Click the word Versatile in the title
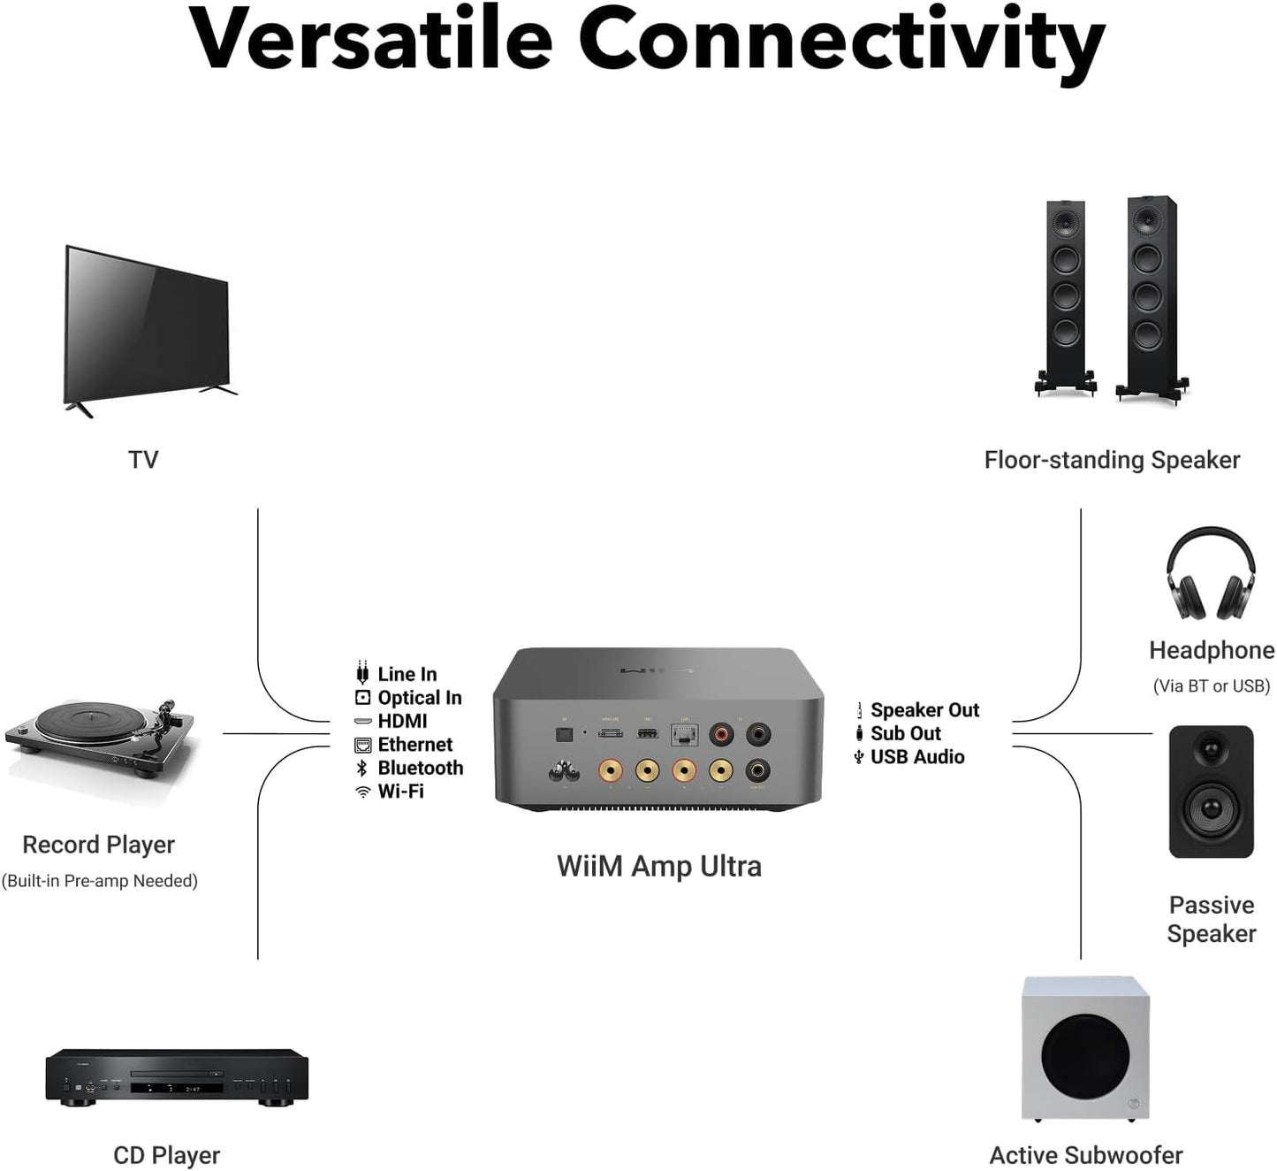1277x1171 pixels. (371, 40)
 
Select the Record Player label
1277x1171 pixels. (98, 845)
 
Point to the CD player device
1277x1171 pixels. (177, 1076)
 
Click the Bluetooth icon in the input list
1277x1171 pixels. (361, 768)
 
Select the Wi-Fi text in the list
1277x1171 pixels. (401, 792)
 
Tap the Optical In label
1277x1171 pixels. (420, 698)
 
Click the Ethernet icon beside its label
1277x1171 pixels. (362, 745)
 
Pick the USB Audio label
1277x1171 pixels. (917, 757)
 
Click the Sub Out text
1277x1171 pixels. (906, 733)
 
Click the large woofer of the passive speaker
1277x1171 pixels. (1212, 807)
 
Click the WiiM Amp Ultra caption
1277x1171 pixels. (659, 866)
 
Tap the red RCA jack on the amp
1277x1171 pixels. (722, 733)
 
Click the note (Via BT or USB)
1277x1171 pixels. (1211, 686)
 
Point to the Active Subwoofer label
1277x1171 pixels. (1085, 1155)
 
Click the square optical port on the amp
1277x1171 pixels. (564, 734)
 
